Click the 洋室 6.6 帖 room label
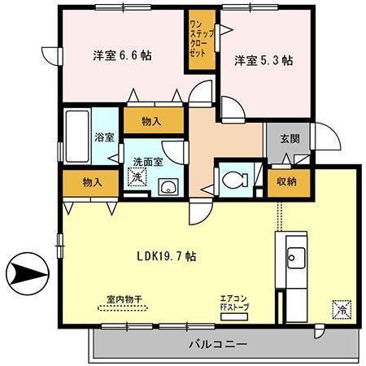(x=121, y=56)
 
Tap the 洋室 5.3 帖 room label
(x=264, y=60)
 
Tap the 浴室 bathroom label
(x=104, y=138)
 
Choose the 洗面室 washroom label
(x=148, y=161)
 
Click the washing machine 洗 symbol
(x=139, y=177)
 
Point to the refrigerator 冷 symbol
(x=341, y=308)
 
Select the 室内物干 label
(x=124, y=300)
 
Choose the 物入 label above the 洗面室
(x=150, y=121)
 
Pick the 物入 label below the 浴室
(x=91, y=181)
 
